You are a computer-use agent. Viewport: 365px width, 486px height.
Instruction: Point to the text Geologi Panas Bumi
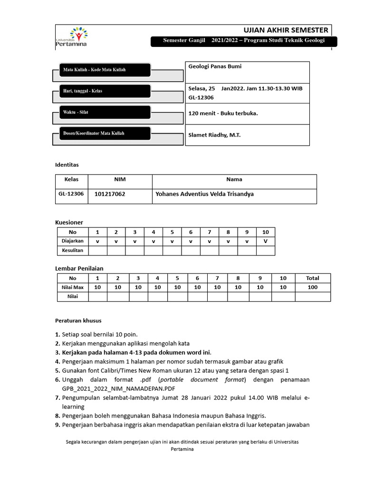pyautogui.click(x=215, y=66)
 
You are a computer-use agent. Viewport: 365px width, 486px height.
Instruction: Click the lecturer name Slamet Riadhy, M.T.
pyautogui.click(x=214, y=135)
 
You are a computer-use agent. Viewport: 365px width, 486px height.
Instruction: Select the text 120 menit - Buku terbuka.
pyautogui.click(x=223, y=113)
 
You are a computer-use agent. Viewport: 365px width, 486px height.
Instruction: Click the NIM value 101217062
pyautogui.click(x=110, y=194)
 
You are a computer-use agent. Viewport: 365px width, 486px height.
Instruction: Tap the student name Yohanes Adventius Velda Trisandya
pyautogui.click(x=205, y=194)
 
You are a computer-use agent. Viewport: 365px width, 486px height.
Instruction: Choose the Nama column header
pyautogui.click(x=234, y=179)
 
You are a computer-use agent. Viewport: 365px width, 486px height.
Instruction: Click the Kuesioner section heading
pyautogui.click(x=69, y=222)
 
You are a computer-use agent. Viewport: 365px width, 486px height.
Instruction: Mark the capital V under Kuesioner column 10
pyautogui.click(x=266, y=241)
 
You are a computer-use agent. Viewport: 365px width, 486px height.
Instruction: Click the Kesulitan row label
pyautogui.click(x=72, y=250)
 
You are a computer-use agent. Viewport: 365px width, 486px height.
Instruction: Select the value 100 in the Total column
pyautogui.click(x=313, y=287)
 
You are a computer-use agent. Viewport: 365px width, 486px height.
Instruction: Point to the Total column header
pyautogui.click(x=313, y=278)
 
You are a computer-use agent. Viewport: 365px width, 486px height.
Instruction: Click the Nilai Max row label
pyautogui.click(x=72, y=287)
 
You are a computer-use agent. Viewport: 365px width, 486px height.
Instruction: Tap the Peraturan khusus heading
pyautogui.click(x=78, y=320)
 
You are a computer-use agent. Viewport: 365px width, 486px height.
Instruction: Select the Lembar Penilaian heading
pyautogui.click(x=79, y=269)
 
